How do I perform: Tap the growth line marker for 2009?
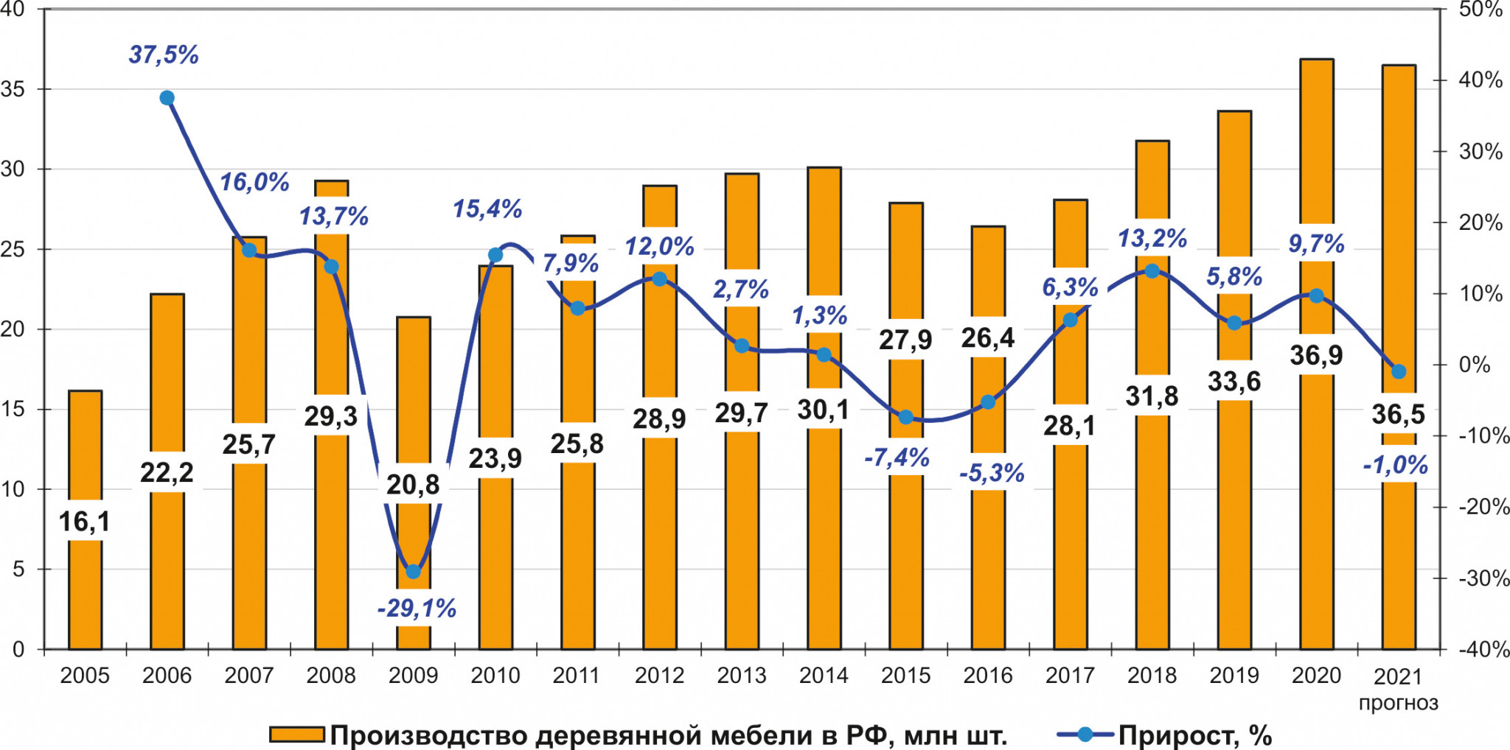(414, 571)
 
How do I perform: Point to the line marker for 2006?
(167, 98)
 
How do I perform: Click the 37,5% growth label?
(164, 55)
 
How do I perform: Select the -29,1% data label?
(417, 609)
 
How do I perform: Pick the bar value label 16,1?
(84, 522)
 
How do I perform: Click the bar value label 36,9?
(1316, 355)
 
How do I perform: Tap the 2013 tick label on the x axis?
(742, 675)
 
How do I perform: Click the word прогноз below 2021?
(1398, 703)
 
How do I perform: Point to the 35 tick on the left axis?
(13, 89)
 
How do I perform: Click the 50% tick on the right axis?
(1481, 10)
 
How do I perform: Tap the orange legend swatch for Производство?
(296, 735)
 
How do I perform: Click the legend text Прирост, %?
(1194, 735)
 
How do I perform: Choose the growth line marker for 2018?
(1152, 271)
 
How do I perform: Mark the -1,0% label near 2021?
(1395, 465)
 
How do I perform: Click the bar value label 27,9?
(905, 340)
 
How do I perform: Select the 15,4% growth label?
(487, 209)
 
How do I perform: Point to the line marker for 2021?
(1399, 371)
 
